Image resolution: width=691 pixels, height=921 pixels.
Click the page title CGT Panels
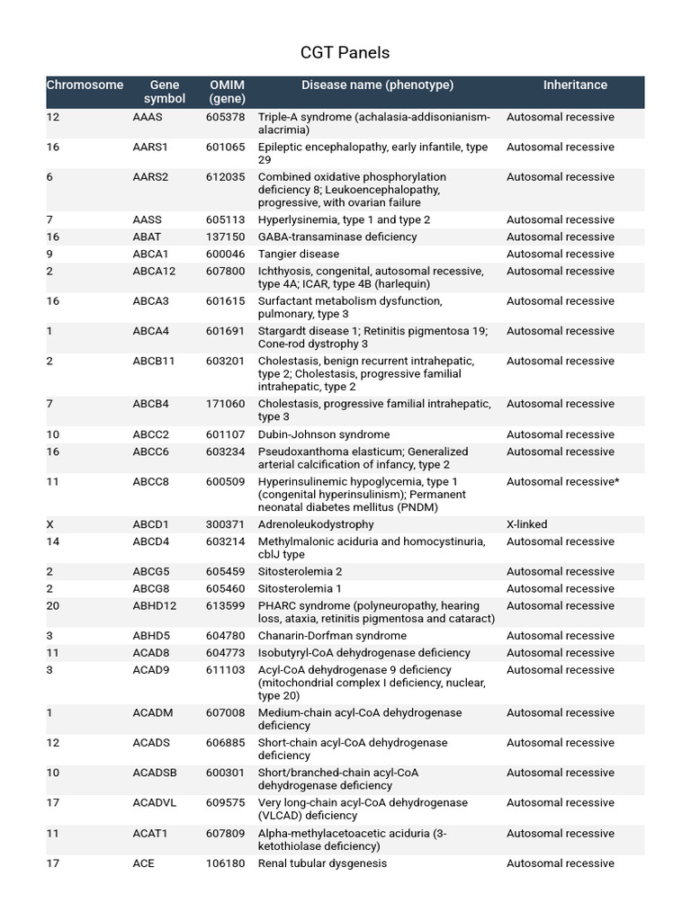pos(345,53)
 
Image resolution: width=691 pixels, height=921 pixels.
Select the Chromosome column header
pos(85,85)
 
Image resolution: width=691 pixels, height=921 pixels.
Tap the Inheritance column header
pos(575,85)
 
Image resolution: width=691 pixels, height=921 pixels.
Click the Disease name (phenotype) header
pos(377,85)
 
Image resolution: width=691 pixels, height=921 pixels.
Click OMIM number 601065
pos(225,147)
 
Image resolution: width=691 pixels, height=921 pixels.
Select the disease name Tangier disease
pos(299,255)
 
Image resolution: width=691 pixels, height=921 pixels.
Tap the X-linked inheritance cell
pos(527,524)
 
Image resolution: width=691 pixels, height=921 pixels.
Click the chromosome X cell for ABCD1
pos(50,524)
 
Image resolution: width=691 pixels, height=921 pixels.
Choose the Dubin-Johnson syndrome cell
pos(324,435)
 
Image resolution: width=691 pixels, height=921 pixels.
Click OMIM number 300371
pos(225,524)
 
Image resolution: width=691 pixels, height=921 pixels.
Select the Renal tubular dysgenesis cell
pos(322,863)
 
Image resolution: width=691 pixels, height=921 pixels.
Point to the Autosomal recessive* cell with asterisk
pos(563,482)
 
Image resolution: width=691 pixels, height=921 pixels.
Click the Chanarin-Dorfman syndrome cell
pos(332,636)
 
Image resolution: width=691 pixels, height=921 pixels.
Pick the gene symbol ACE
pos(143,863)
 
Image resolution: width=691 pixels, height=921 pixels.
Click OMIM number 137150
pos(225,237)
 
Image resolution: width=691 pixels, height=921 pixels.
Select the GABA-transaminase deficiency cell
pos(337,237)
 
